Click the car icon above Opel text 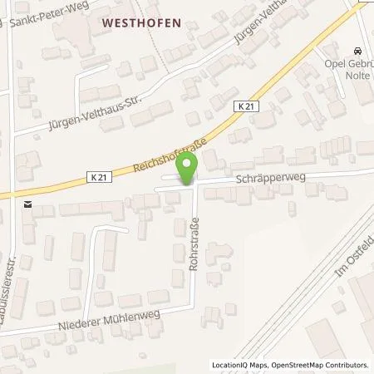pyautogui.click(x=357, y=50)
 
